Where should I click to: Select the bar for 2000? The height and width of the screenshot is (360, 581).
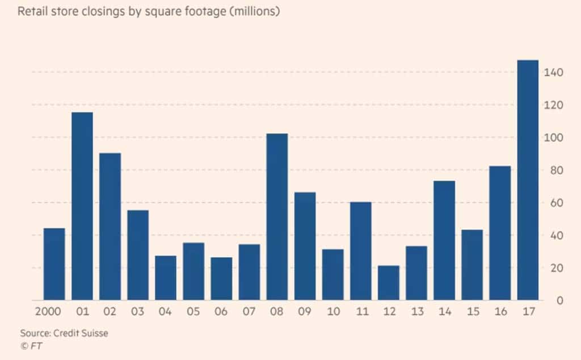click(54, 264)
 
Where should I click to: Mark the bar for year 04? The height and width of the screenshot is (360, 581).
click(166, 278)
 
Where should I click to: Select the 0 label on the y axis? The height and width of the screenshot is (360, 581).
click(559, 300)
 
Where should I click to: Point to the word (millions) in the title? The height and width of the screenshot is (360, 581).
click(254, 12)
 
